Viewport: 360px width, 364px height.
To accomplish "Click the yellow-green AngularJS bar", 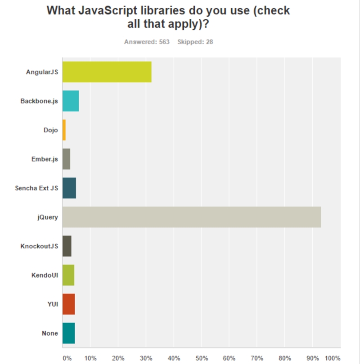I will tap(107, 72).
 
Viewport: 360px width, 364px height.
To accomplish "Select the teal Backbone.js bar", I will tap(71, 101).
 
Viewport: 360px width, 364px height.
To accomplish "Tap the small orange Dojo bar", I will tap(64, 130).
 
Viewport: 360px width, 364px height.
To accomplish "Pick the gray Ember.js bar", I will tap(66, 159).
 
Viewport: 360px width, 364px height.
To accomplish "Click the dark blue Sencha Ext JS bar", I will tap(69, 188).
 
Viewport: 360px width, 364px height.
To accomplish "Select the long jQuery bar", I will tap(191, 217).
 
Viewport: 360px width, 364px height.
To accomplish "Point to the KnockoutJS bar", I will tap(67, 246).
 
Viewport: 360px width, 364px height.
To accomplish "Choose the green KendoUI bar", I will tap(68, 275).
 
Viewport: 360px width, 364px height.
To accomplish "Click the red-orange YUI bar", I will tap(68, 304).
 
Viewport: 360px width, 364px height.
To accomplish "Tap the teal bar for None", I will tap(68, 333).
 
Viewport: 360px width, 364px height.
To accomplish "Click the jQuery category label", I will tap(48, 217).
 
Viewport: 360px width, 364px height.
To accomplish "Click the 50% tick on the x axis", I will tap(202, 358).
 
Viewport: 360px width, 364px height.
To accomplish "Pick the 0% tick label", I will tap(67, 358).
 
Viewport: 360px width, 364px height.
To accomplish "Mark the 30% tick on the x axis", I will tap(146, 358).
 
